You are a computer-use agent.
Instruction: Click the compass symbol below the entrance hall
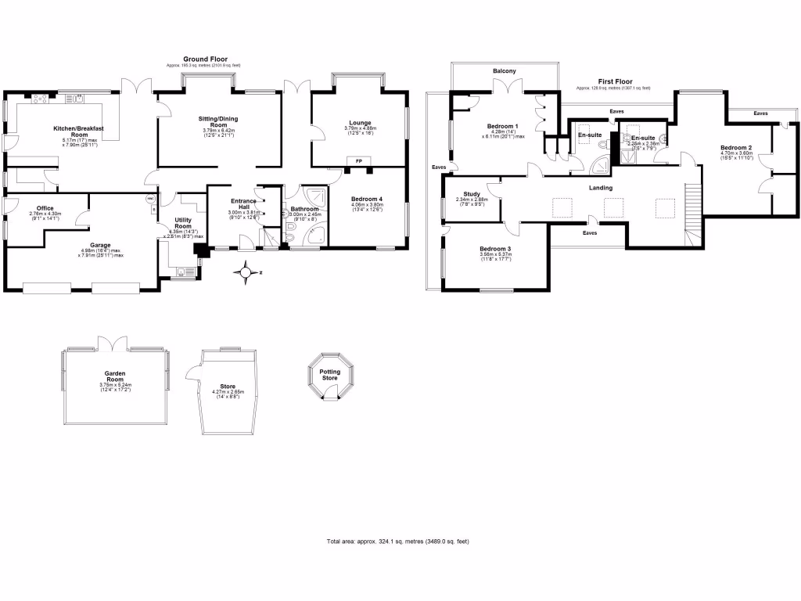coord(248,273)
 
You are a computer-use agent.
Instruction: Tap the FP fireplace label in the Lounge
coord(359,160)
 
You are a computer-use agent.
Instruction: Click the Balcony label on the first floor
coord(504,71)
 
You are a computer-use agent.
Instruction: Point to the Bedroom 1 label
coord(503,127)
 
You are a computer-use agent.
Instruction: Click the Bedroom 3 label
coord(495,249)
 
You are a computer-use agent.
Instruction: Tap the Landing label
coord(601,188)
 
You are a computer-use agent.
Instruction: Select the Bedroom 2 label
coord(736,147)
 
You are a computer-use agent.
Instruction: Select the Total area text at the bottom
coord(397,542)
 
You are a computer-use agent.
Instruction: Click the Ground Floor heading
coord(206,59)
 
